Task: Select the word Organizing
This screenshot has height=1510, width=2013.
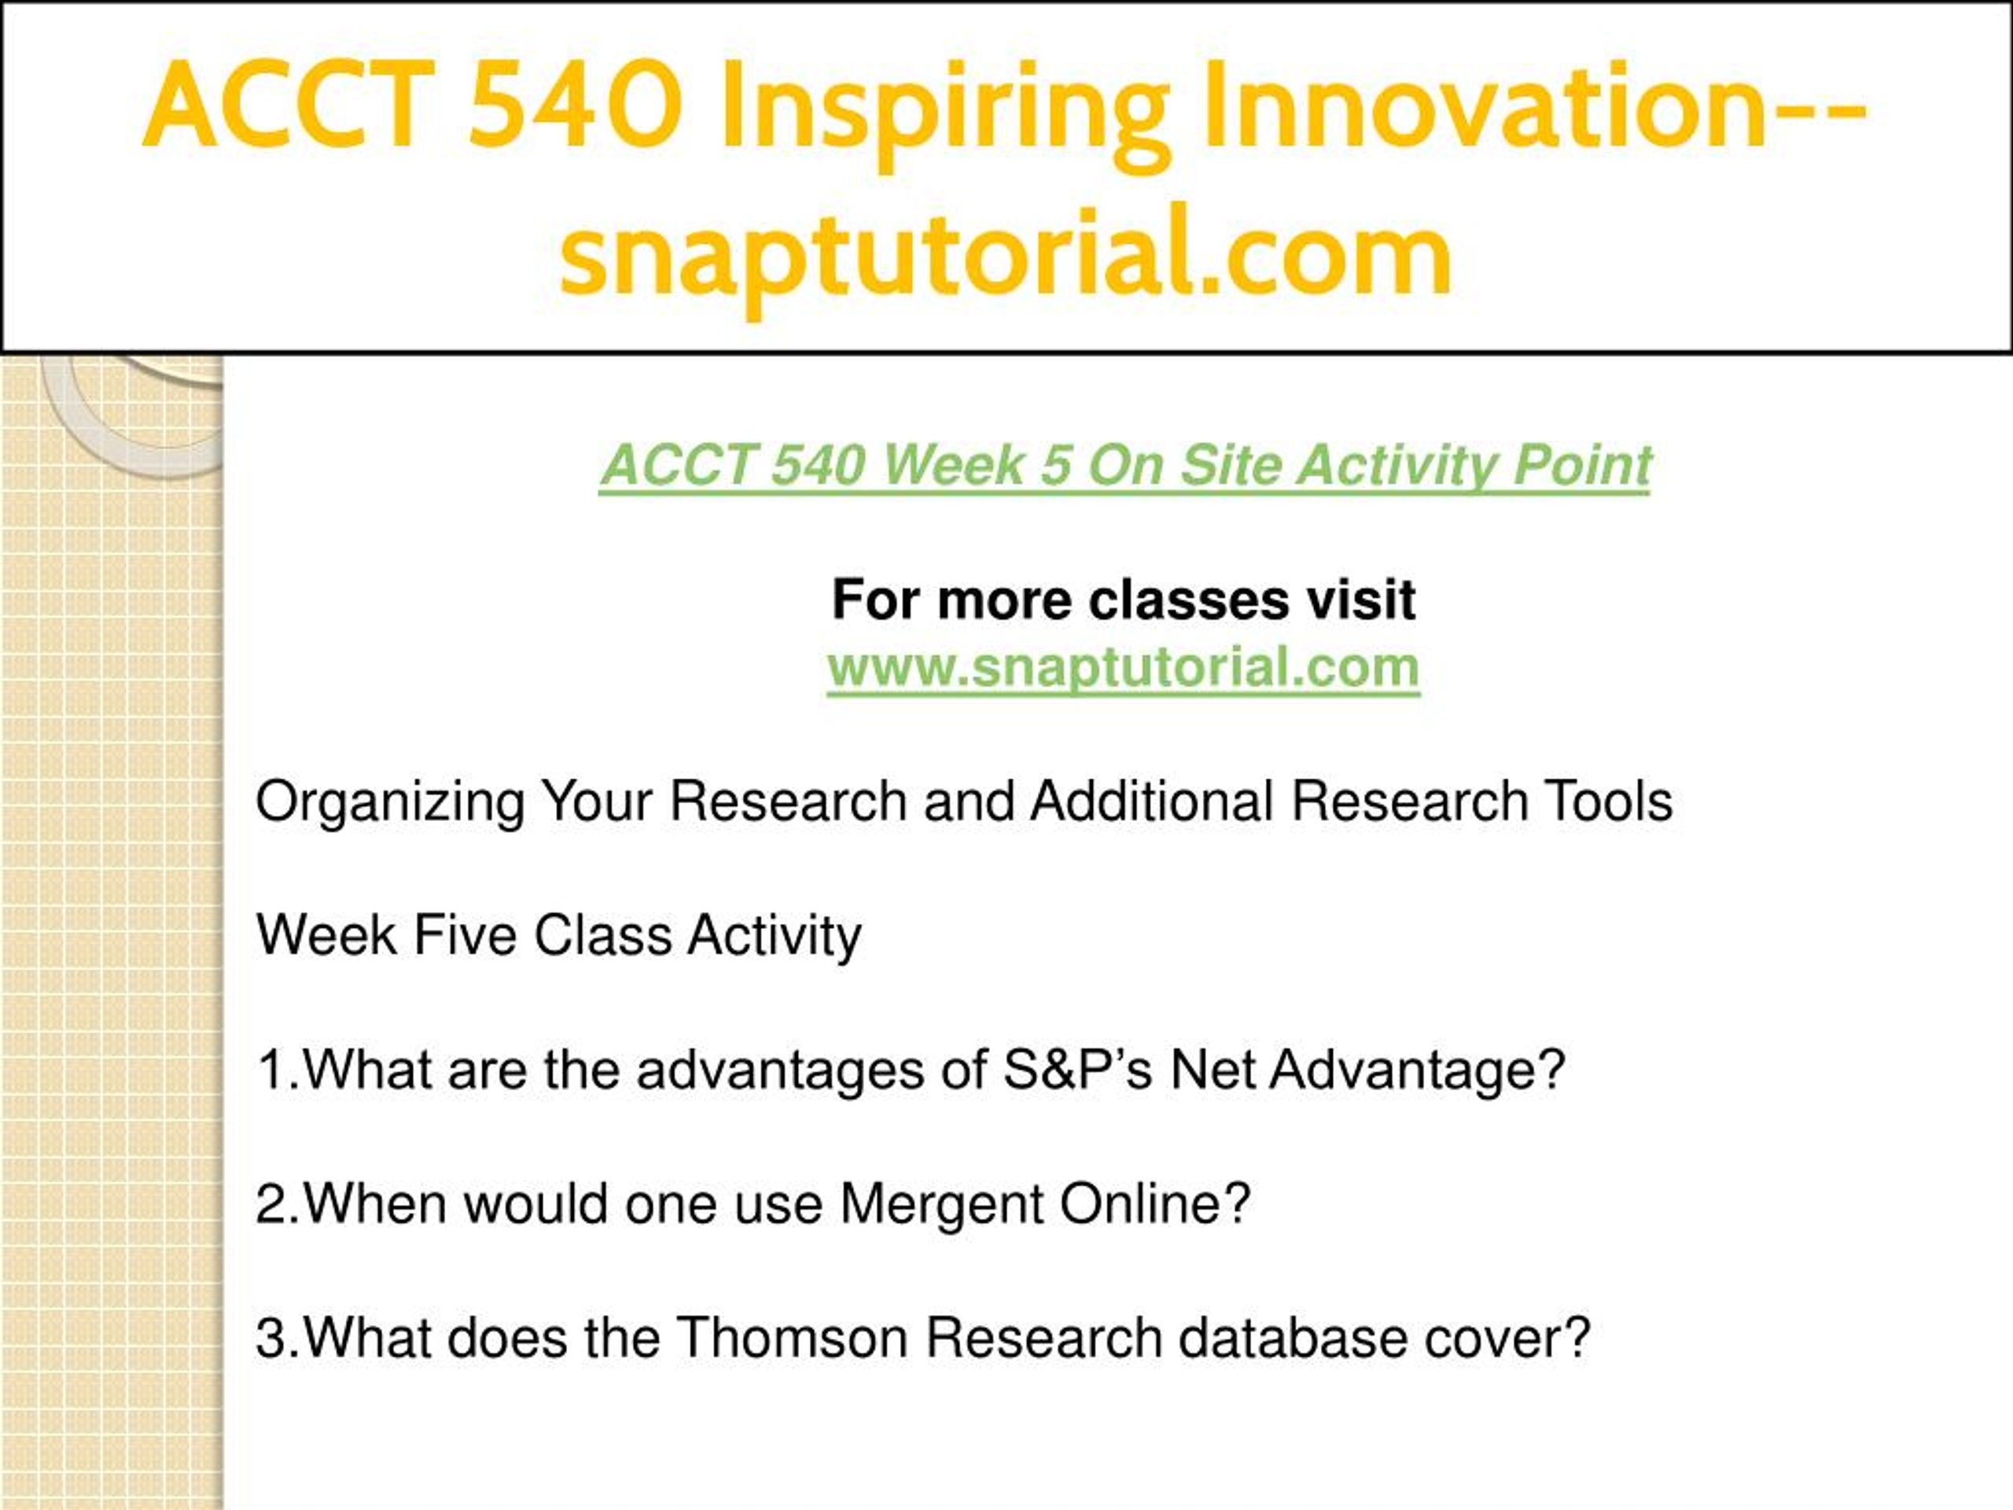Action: tap(390, 804)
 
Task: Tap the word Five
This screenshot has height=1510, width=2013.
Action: tap(465, 935)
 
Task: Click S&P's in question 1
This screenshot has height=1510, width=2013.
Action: tap(1078, 1070)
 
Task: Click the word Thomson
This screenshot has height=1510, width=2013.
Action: tap(792, 1338)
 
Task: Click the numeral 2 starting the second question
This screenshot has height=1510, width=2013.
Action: tap(271, 1204)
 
